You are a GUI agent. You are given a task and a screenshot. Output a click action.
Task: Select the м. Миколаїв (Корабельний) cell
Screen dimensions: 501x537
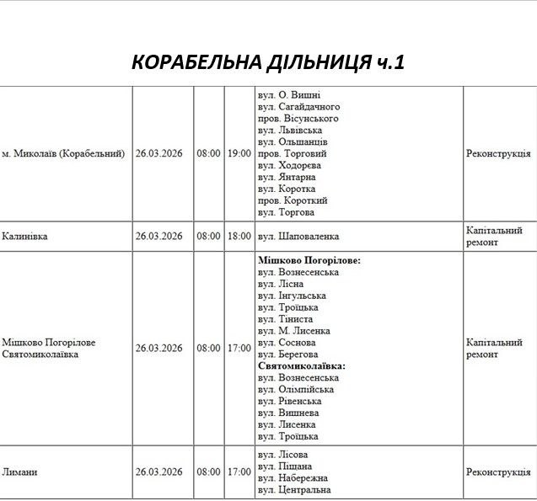click(63, 154)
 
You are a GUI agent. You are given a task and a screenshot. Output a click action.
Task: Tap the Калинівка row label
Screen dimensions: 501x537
click(24, 237)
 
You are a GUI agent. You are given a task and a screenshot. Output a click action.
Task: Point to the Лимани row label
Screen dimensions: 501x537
click(19, 472)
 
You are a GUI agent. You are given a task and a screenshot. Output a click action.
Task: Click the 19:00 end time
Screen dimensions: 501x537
click(239, 154)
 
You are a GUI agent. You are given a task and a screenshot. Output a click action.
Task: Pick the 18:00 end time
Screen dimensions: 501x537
click(239, 237)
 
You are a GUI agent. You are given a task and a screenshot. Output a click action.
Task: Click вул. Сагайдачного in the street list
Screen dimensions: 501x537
click(298, 107)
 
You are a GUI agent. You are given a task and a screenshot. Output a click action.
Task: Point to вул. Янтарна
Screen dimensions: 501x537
click(287, 178)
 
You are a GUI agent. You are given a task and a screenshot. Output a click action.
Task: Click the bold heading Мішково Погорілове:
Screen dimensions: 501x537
click(309, 261)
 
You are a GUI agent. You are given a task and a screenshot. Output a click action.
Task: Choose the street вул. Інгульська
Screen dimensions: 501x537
click(292, 296)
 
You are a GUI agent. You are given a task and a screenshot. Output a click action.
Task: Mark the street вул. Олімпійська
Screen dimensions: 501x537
click(296, 390)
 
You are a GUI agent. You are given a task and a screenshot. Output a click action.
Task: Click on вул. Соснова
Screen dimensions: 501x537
click(287, 343)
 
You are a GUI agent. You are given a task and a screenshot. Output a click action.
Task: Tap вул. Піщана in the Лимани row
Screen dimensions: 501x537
click(285, 466)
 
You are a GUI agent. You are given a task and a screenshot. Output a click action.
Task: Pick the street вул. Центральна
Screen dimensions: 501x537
click(294, 490)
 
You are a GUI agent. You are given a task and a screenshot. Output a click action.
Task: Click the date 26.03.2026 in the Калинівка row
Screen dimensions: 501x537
click(158, 237)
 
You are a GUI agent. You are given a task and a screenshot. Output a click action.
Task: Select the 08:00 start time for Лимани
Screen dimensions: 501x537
click(208, 472)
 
